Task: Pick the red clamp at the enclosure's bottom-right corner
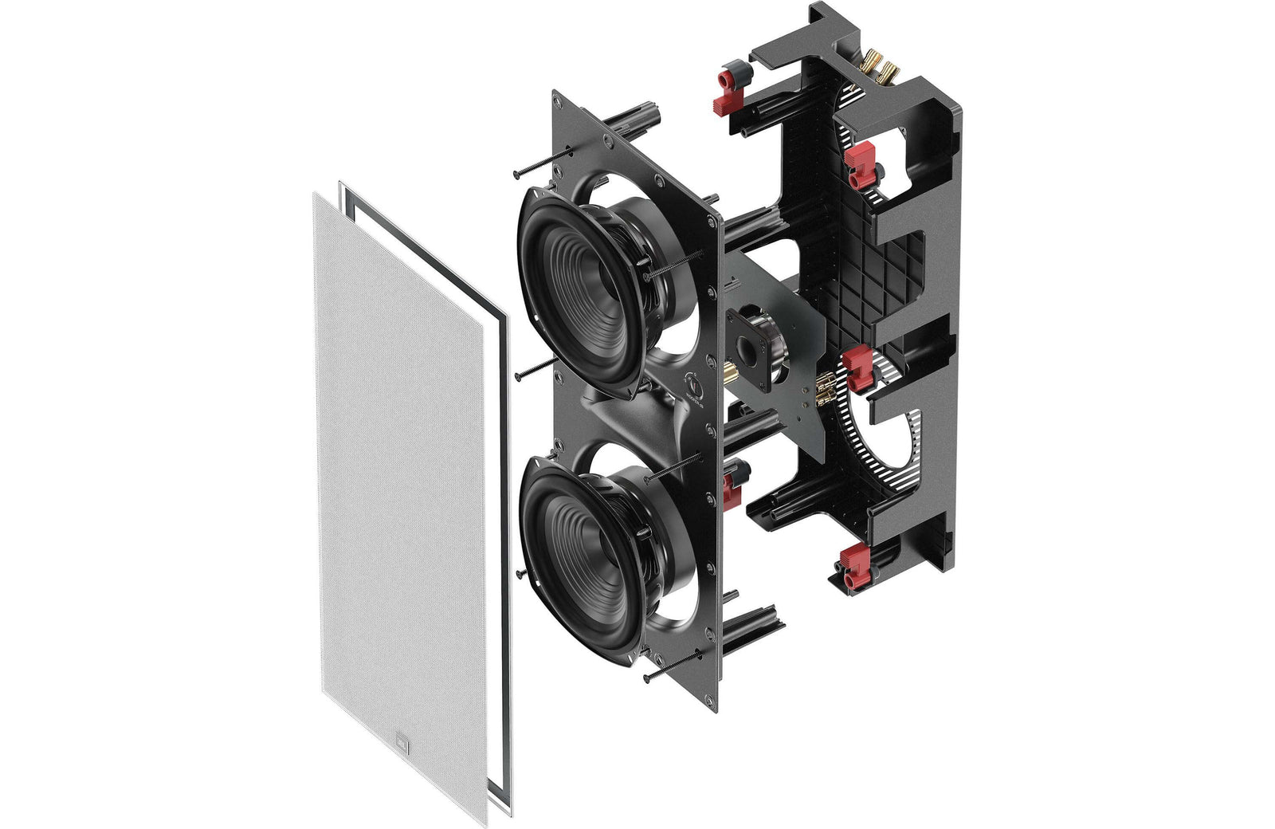click(851, 570)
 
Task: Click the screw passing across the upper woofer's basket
click(677, 269)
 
